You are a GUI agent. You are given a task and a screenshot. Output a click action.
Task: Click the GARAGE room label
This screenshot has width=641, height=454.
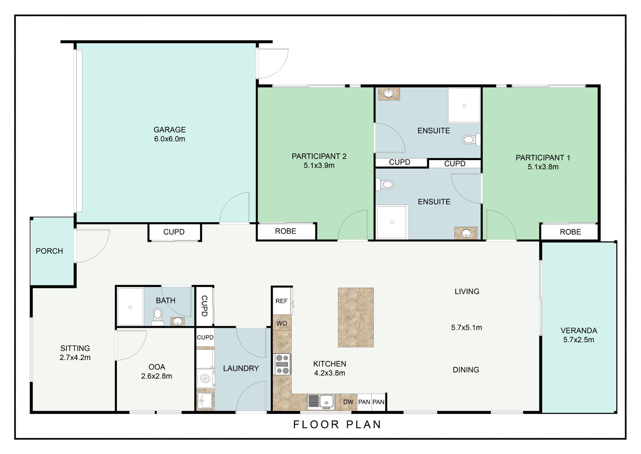click(x=170, y=130)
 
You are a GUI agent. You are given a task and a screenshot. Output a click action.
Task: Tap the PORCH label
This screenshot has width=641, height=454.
click(x=49, y=251)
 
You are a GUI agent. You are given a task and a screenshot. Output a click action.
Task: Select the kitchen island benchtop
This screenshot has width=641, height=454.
click(x=356, y=317)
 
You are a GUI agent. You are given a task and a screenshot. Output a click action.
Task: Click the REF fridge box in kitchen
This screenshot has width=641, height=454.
click(x=282, y=301)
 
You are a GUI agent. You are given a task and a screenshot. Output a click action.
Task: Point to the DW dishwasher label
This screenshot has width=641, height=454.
click(x=348, y=402)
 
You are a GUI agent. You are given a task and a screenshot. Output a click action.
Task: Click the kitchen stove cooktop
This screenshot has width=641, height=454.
click(x=282, y=364)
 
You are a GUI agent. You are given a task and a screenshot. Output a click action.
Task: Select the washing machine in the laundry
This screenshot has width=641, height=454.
click(x=205, y=379)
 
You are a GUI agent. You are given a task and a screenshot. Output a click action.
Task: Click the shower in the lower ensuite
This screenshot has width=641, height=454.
click(x=392, y=222)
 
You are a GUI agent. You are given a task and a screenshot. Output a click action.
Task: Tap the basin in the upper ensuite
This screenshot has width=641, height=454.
click(x=389, y=94)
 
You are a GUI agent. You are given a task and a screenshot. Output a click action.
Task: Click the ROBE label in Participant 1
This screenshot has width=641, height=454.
click(x=570, y=232)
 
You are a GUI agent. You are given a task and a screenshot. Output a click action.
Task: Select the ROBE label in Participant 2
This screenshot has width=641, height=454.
click(x=285, y=231)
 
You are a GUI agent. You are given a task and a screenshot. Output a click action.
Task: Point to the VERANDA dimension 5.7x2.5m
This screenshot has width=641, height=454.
click(x=579, y=340)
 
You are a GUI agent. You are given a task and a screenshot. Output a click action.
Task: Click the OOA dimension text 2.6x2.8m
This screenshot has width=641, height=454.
click(x=156, y=376)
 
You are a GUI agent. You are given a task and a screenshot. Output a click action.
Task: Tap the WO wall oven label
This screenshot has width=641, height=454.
click(x=282, y=324)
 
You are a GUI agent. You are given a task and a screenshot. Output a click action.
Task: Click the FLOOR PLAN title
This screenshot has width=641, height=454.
click(x=337, y=425)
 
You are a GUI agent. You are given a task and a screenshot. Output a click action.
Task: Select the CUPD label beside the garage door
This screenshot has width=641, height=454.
click(x=174, y=232)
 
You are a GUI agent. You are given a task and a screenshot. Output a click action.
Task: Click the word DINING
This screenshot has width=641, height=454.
click(x=466, y=370)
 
